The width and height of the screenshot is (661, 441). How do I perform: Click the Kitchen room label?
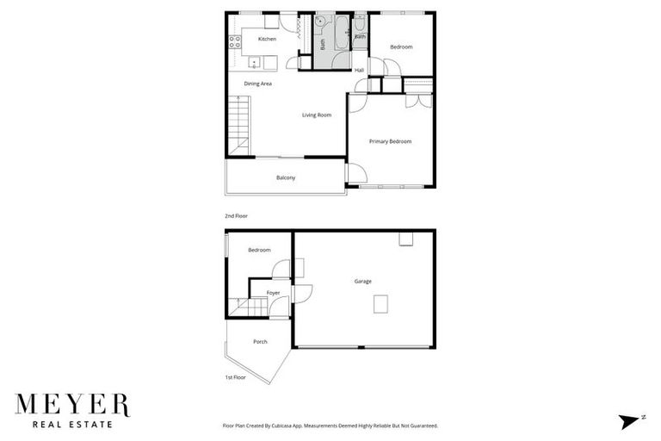tap(267, 40)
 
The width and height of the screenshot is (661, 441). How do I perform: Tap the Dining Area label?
tap(257, 84)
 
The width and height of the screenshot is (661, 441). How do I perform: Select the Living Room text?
tap(316, 115)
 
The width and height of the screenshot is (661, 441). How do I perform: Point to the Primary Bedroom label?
tap(390, 141)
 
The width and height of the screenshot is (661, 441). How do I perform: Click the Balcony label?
tap(286, 178)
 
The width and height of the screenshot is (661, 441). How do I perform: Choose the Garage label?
tap(363, 281)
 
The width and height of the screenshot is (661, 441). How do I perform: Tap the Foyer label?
tap(273, 293)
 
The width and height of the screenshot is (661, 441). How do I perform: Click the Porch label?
tap(260, 342)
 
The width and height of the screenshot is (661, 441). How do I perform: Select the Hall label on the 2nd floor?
tap(359, 70)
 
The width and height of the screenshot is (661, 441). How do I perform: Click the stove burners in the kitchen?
tap(232, 39)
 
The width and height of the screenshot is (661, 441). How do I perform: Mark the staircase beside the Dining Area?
tap(237, 126)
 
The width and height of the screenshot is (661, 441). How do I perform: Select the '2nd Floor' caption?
tap(236, 216)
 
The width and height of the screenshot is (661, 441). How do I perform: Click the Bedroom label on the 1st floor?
tap(259, 251)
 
